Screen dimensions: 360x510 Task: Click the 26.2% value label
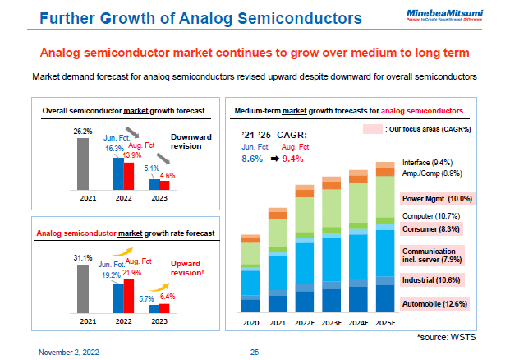tap(82, 131)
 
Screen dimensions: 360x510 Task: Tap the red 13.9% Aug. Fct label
tap(131, 155)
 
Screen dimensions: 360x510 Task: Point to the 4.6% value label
tap(167, 175)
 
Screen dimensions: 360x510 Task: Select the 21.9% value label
tap(131, 272)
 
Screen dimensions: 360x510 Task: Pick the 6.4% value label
tap(167, 296)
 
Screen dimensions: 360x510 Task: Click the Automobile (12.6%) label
tap(434, 303)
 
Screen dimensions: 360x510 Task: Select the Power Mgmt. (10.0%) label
tap(437, 199)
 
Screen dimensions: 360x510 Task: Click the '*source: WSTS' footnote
tap(447, 337)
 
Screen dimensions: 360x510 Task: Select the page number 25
tap(255, 352)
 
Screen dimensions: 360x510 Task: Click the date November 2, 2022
tap(69, 352)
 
